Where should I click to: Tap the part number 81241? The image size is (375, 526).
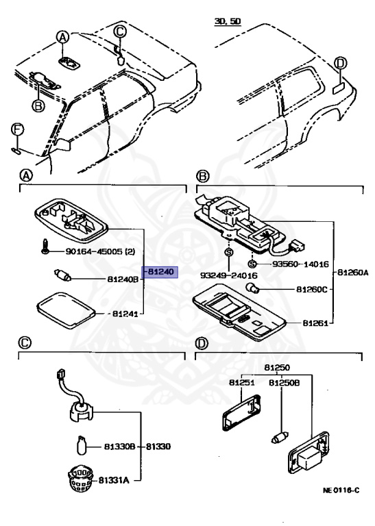[126, 314]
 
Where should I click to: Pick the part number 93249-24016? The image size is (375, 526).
[228, 275]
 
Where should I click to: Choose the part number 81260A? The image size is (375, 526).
[351, 273]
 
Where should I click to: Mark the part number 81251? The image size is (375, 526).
[241, 383]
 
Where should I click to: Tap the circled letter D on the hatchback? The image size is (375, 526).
[341, 64]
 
